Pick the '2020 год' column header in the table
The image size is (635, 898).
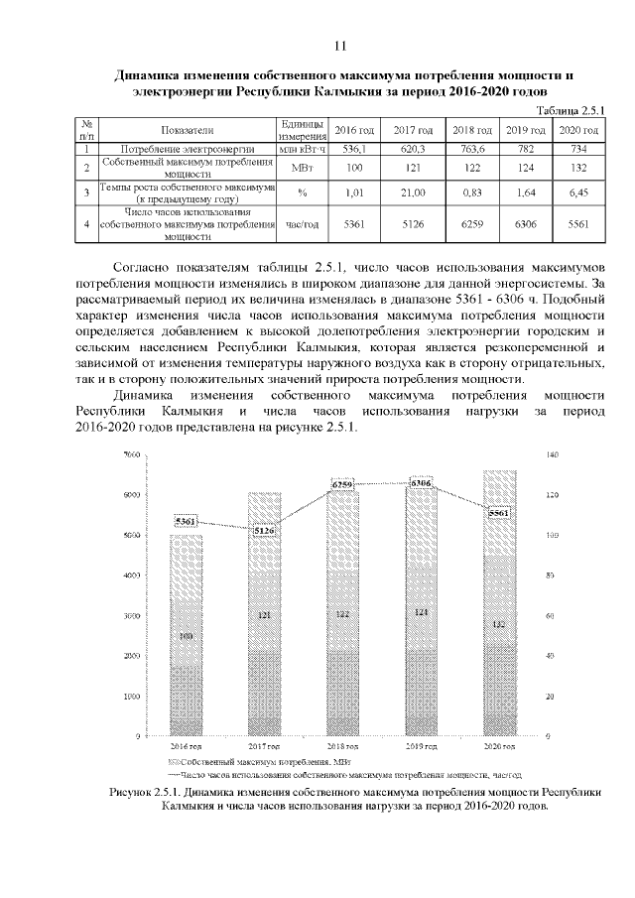tap(578, 131)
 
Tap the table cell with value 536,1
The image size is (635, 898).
tap(354, 148)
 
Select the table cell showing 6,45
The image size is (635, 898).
tap(578, 192)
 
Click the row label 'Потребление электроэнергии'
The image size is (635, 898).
tap(187, 148)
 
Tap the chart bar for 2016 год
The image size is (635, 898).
tap(186, 635)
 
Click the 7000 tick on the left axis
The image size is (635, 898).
tap(132, 454)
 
